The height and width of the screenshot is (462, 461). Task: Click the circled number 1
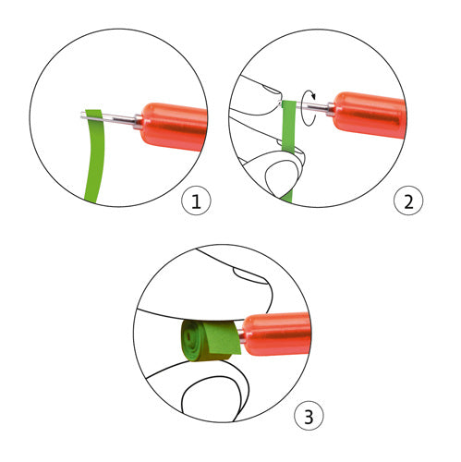[196, 201]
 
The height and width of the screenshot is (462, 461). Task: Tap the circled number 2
[408, 201]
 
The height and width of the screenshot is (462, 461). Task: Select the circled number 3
[309, 416]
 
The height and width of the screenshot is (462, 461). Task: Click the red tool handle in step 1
[174, 126]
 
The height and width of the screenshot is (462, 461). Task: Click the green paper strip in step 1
[95, 155]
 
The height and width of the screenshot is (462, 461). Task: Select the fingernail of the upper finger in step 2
[271, 90]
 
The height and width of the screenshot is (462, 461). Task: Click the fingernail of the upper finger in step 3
[250, 274]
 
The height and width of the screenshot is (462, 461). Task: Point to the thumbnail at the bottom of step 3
[211, 397]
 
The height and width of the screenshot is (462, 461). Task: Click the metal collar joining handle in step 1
[139, 121]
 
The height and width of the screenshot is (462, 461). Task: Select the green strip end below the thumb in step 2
[287, 197]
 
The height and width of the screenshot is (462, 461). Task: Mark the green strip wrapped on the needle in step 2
[288, 127]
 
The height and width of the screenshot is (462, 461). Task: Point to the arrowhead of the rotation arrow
[313, 96]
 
